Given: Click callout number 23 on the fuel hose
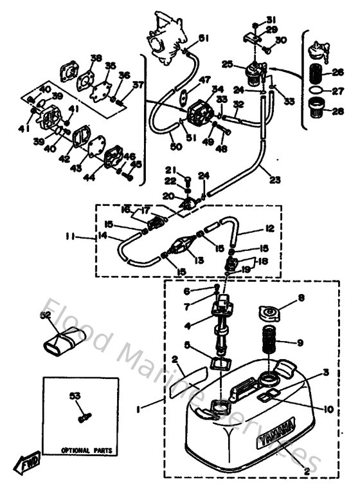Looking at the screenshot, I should [x=275, y=181].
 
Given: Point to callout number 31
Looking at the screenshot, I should [x=271, y=18].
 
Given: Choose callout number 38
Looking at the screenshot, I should [x=96, y=58].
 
